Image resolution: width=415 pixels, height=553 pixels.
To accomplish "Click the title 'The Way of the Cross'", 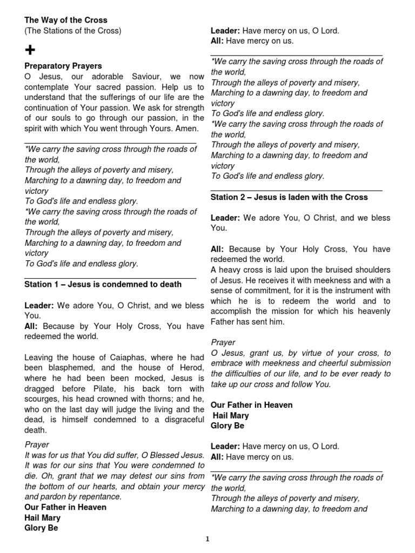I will pyautogui.click(x=66, y=20).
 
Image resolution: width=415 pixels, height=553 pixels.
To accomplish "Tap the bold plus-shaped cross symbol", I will pyautogui.click(x=30, y=50).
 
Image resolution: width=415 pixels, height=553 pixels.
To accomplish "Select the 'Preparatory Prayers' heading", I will pyautogui.click(x=63, y=66).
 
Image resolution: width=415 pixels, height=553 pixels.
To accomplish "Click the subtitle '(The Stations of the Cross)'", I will pyautogui.click(x=73, y=31).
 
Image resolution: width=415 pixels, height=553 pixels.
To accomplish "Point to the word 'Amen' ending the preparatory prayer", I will pyautogui.click(x=188, y=129).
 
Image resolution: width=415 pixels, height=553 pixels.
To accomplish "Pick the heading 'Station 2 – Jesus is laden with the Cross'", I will pyautogui.click(x=289, y=197).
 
